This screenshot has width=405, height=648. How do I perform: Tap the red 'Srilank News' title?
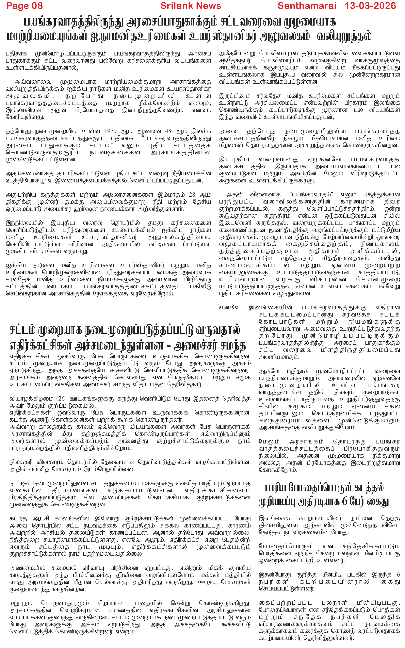(191, 6)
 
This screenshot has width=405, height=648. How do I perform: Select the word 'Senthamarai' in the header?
(307, 6)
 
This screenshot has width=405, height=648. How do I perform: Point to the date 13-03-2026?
(370, 6)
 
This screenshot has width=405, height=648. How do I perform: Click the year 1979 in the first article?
(111, 131)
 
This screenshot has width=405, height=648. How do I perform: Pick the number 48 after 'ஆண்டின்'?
(168, 131)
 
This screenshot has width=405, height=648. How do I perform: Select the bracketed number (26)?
(62, 399)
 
